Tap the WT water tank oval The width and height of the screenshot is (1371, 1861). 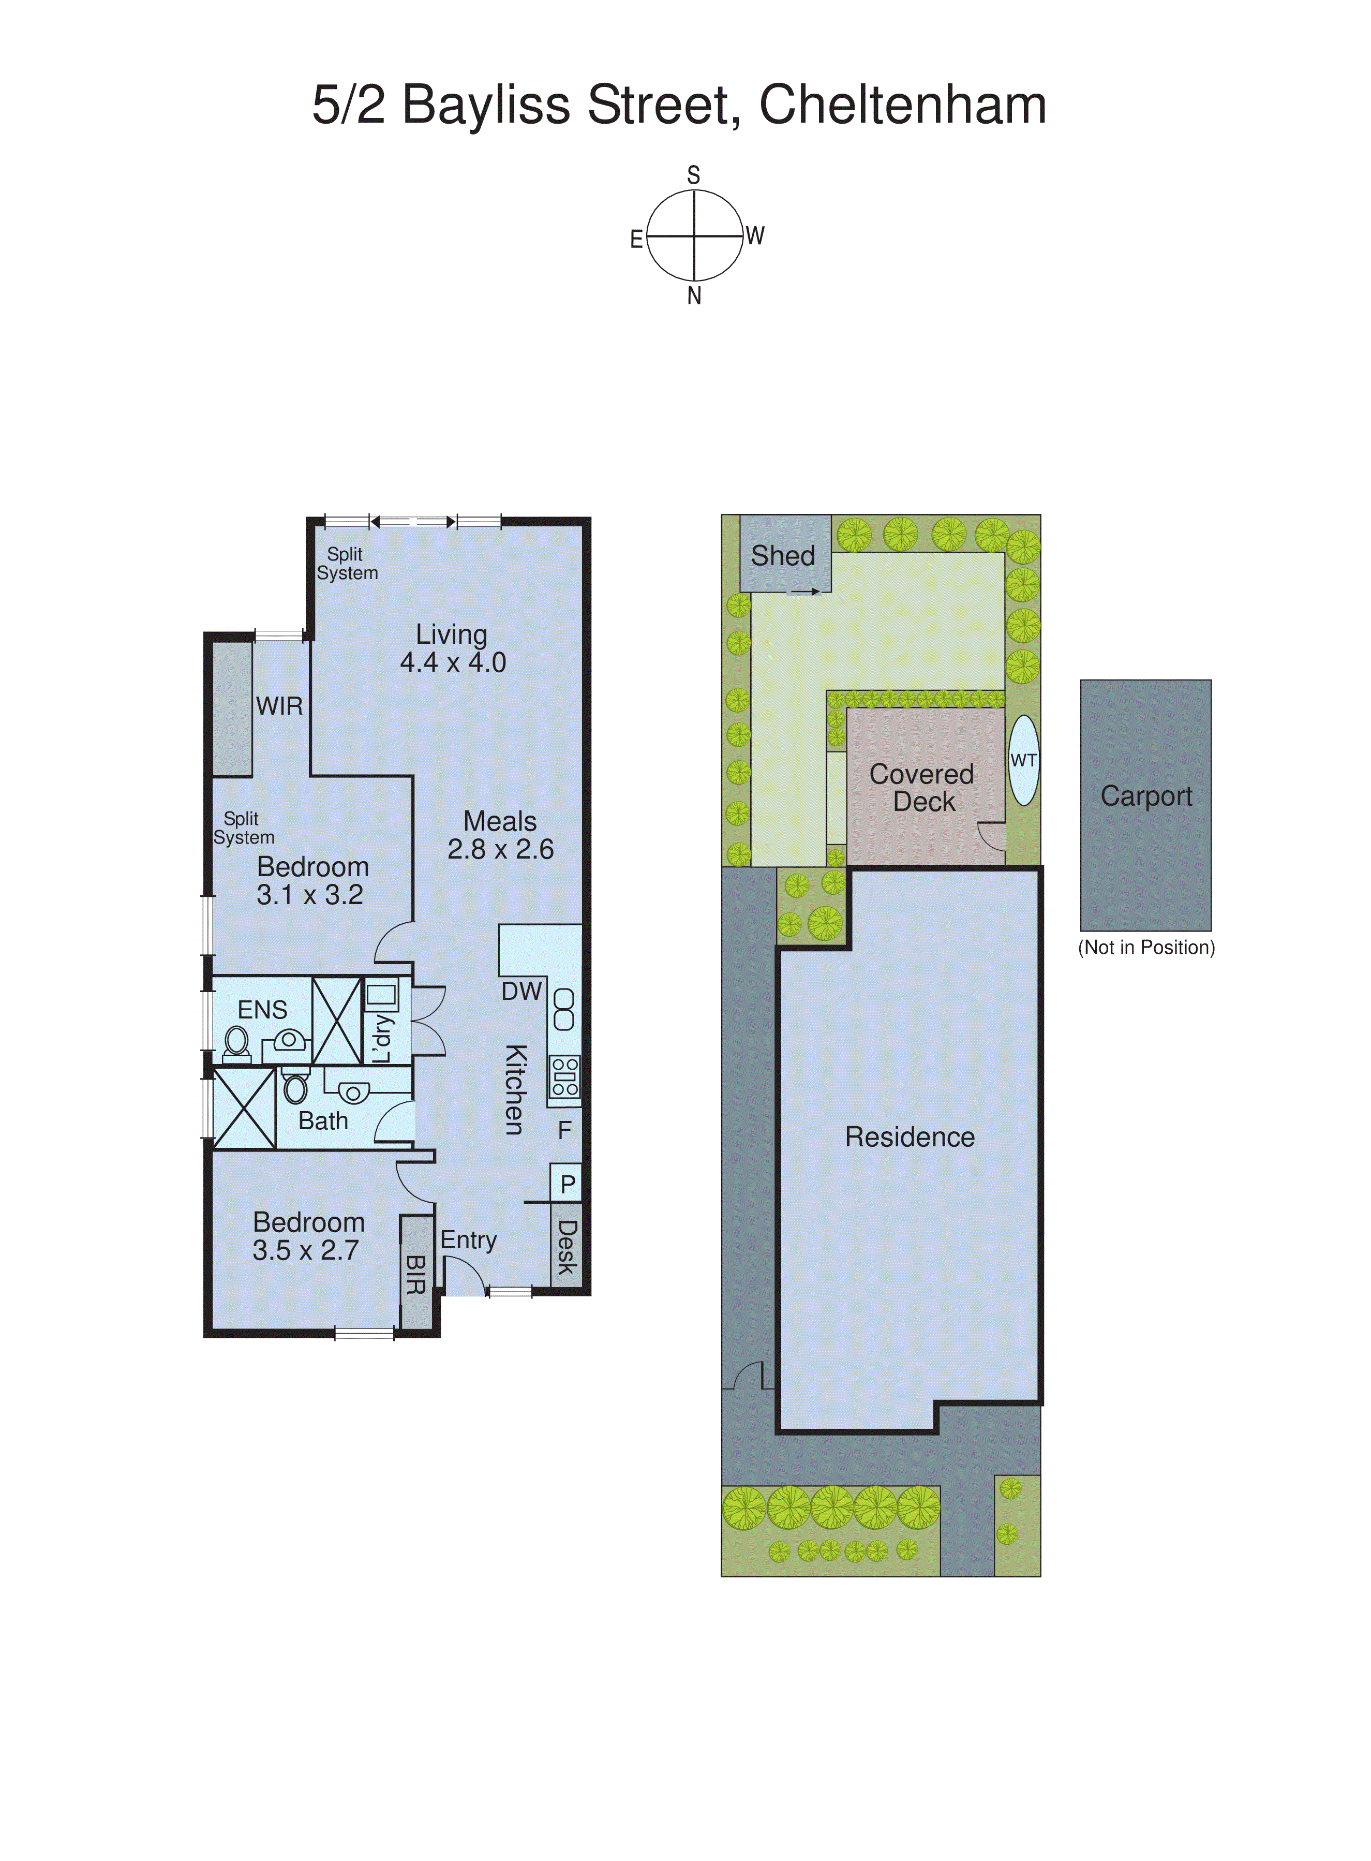click(1023, 760)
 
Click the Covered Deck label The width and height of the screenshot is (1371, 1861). click(922, 787)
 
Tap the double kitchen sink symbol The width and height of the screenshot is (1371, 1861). click(563, 1009)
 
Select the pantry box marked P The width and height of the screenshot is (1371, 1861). click(567, 1184)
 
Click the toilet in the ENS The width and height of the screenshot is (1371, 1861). click(236, 1043)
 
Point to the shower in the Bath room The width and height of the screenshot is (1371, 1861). click(244, 1108)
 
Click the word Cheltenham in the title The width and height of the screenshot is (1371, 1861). click(902, 106)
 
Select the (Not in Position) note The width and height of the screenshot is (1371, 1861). click(1145, 947)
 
